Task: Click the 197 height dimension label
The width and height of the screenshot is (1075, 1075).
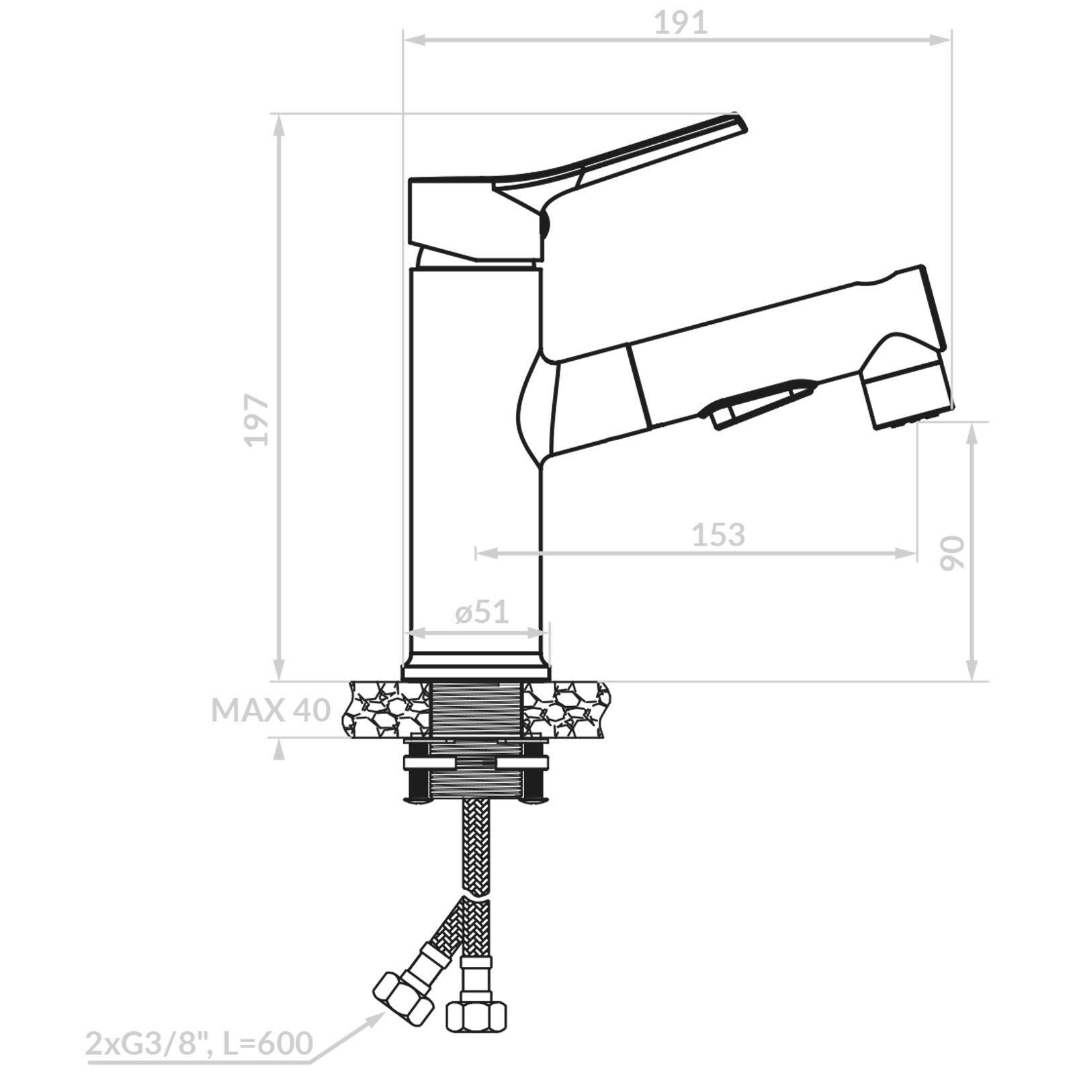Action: click(x=257, y=421)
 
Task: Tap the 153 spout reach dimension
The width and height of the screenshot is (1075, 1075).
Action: click(x=718, y=535)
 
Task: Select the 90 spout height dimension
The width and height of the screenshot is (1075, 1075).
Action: click(x=951, y=553)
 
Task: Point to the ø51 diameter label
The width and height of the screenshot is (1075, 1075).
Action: click(x=482, y=612)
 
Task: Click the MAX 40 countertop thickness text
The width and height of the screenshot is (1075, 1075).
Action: click(x=271, y=710)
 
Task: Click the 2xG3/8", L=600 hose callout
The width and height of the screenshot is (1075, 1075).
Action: click(x=199, y=1044)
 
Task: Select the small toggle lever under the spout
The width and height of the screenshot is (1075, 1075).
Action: click(x=759, y=403)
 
